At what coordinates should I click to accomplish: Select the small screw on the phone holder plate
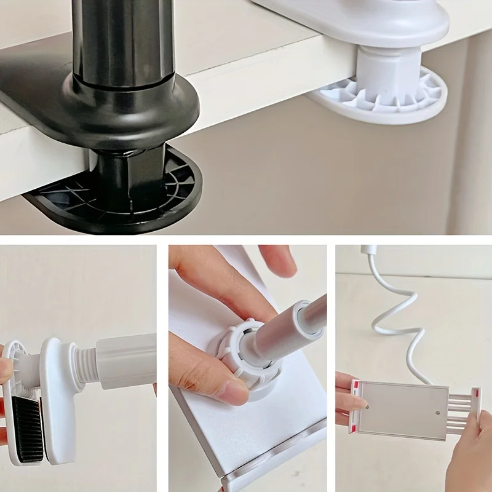(x=437, y=413)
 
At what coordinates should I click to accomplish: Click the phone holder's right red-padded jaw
(x=475, y=409)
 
